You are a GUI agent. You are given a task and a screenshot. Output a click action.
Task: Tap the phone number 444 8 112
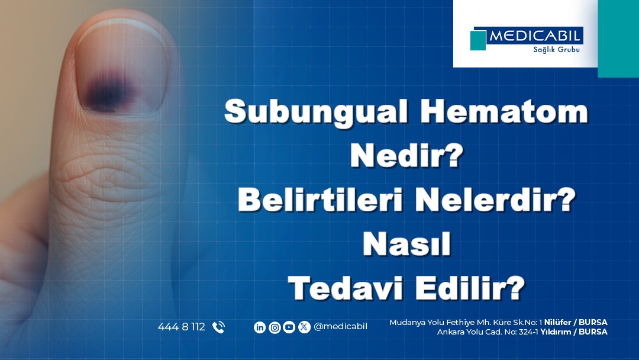181,327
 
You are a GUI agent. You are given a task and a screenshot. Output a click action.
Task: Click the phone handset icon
218,327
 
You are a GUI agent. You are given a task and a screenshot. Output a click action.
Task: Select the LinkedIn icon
260,327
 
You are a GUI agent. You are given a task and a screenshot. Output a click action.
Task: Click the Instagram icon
275,327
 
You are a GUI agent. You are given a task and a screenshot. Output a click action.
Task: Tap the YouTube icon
289,327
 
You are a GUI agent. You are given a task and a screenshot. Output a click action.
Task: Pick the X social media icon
304,327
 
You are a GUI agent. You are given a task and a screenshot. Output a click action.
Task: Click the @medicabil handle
341,326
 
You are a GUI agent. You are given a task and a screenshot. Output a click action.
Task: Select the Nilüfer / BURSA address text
576,322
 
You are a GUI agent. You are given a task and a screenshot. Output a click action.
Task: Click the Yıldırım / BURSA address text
574,332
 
